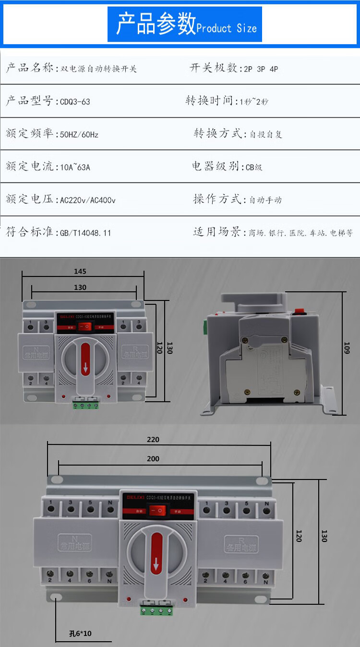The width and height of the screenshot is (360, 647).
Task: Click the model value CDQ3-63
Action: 75,102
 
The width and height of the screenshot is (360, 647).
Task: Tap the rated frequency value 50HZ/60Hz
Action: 79,134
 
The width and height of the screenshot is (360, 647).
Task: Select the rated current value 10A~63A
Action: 75,168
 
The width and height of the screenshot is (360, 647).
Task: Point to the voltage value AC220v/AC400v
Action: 87,200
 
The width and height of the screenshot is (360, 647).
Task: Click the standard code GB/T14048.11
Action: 85,233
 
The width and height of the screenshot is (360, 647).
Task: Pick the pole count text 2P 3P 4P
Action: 261,69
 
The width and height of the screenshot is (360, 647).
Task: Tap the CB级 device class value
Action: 254,168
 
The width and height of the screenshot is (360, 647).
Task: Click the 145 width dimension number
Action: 80,271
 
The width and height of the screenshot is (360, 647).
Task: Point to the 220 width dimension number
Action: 153,439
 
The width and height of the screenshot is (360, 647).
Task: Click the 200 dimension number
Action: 153,459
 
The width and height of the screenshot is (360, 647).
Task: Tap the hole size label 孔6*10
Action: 80,634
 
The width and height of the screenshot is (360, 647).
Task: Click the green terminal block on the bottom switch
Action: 156,611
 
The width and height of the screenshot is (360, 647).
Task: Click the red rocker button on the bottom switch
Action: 155,512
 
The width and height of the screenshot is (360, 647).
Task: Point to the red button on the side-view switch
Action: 302,311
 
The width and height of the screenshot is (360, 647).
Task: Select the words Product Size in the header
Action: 227,28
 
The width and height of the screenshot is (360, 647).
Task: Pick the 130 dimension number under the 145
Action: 80,288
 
